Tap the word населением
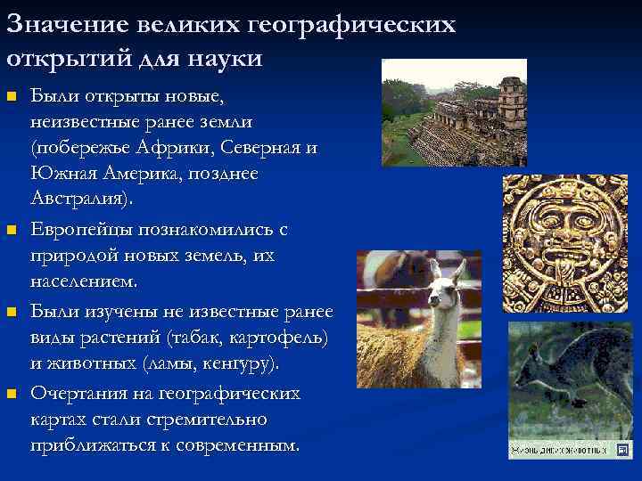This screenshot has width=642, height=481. [x=83, y=282]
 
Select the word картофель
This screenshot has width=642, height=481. [x=283, y=338]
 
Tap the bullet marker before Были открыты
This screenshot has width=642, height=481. [x=12, y=94]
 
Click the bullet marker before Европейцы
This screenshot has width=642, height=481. [x=12, y=231]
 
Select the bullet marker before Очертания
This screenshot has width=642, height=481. [x=12, y=394]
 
